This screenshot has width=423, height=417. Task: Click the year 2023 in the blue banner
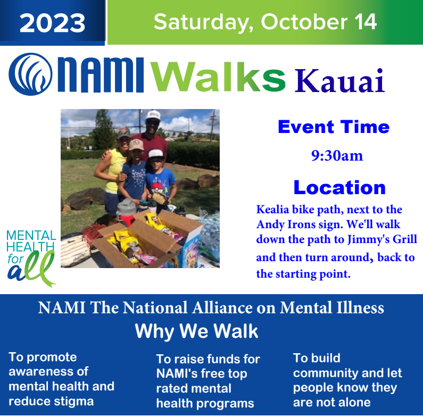click(52, 23)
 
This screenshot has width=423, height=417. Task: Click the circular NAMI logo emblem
click(30, 74)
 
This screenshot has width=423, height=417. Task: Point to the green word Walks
click(218, 77)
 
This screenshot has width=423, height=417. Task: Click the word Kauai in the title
click(339, 81)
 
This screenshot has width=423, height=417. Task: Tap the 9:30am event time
click(337, 156)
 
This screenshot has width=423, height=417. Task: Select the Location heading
click(339, 187)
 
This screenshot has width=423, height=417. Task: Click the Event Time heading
click(334, 127)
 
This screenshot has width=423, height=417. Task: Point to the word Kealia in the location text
click(273, 210)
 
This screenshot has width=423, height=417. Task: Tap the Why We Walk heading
click(196, 331)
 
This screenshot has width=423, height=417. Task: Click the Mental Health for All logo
click(31, 258)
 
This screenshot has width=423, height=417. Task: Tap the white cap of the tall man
click(153, 115)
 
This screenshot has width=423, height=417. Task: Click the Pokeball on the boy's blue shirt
click(156, 187)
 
